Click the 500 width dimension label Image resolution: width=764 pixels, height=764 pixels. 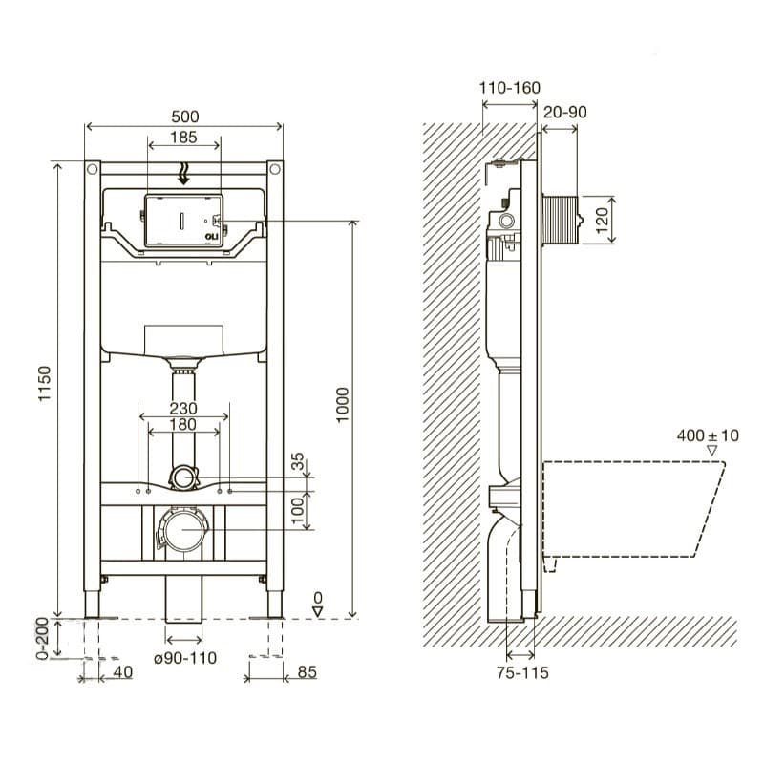click(185, 117)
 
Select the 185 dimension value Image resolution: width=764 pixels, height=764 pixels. click(183, 138)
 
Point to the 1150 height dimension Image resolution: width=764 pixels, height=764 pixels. click(44, 384)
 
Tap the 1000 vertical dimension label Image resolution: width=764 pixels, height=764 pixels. click(343, 405)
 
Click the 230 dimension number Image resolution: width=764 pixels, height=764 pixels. click(183, 408)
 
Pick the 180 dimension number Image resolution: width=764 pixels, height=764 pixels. click(183, 424)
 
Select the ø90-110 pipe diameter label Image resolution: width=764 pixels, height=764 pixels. click(185, 658)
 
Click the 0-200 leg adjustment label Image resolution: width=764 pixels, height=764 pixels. click(42, 638)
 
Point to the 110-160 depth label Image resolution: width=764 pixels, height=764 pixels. click(510, 88)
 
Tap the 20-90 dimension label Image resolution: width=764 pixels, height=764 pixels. click(564, 112)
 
